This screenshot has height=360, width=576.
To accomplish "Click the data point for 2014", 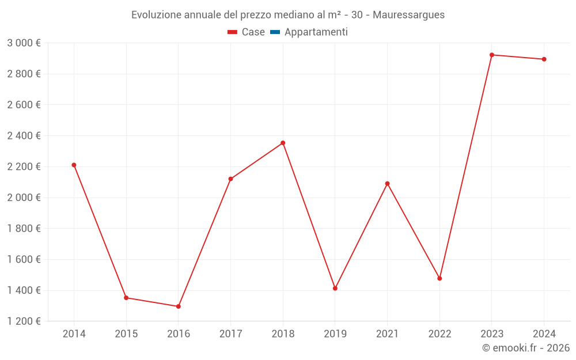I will click(74, 165).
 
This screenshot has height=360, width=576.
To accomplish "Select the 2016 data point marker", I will click(179, 306).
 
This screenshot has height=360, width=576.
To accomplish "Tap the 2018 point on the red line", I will click(283, 143).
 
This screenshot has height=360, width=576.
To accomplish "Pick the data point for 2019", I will click(335, 288).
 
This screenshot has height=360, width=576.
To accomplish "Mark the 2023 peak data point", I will click(492, 55).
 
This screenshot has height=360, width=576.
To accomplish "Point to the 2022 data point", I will click(439, 278).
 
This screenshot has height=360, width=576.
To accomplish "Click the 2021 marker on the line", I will click(387, 184).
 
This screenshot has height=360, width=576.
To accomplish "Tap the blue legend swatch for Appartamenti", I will click(275, 32).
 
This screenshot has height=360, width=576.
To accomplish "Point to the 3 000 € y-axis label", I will click(24, 43).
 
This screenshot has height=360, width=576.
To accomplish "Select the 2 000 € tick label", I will click(24, 198).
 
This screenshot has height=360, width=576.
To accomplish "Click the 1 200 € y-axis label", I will click(24, 321).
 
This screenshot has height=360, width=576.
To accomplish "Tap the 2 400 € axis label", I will click(24, 136).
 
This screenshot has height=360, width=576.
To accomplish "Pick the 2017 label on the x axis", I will click(230, 334).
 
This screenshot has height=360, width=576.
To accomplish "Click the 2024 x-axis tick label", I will click(544, 334).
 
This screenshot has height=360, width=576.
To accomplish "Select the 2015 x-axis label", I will click(126, 334).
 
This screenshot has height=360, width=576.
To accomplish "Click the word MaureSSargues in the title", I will click(408, 15).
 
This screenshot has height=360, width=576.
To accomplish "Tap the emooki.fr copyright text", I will click(526, 348).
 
